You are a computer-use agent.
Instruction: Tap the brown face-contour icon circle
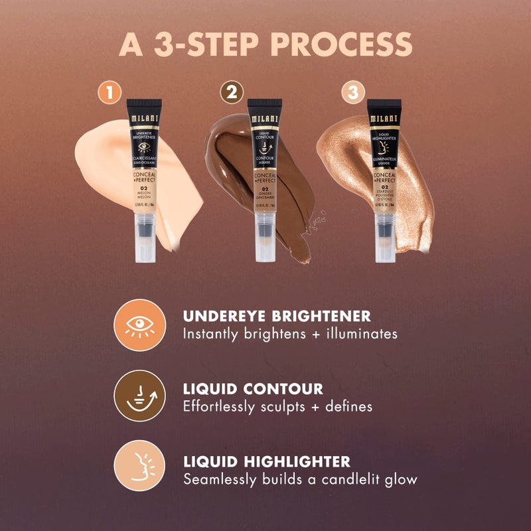(139, 396)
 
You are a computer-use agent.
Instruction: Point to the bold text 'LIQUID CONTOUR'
(253, 388)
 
